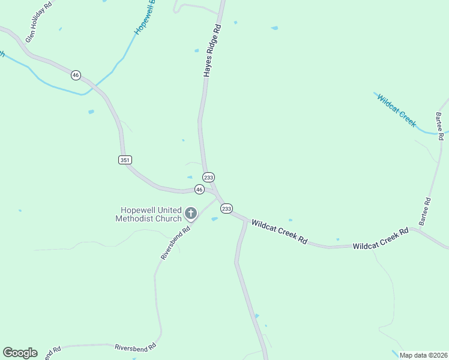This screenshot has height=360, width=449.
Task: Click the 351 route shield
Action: pyautogui.click(x=125, y=160)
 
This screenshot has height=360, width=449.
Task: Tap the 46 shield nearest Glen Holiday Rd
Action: pyautogui.click(x=75, y=75)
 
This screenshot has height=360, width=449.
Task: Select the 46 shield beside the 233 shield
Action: pyautogui.click(x=199, y=189)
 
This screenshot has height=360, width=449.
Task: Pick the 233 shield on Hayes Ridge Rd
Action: pyautogui.click(x=208, y=178)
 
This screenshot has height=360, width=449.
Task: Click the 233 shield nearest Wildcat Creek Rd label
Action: pyautogui.click(x=226, y=208)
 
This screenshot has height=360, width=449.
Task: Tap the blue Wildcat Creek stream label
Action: pyautogui.click(x=396, y=109)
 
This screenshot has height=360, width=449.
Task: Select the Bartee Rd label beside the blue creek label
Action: pyautogui.click(x=441, y=125)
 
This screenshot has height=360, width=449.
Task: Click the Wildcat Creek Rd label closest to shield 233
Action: pyautogui.click(x=279, y=232)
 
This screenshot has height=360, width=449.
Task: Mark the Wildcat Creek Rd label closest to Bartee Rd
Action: pyautogui.click(x=381, y=238)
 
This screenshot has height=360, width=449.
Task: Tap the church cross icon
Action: pyautogui.click(x=191, y=213)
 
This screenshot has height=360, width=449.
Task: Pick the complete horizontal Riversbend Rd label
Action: pyautogui.click(x=136, y=347)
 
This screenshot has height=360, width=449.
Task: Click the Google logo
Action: pyautogui.click(x=20, y=353)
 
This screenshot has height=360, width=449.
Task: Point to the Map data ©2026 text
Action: pyautogui.click(x=423, y=355)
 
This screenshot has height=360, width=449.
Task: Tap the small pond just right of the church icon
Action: pyautogui.click(x=214, y=219)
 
